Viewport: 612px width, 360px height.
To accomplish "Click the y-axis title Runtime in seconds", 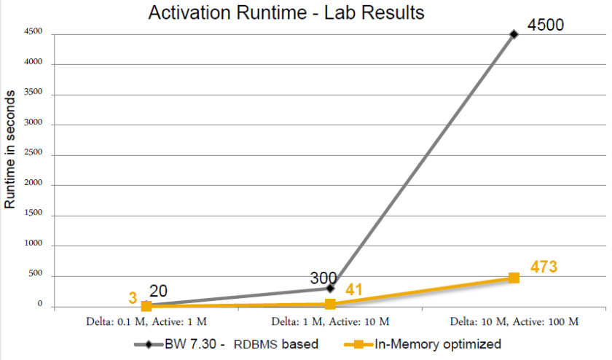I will tap(10, 150).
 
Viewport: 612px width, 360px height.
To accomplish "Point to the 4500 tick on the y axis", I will tap(34, 33).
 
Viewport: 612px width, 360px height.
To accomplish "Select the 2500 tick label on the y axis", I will tap(34, 155).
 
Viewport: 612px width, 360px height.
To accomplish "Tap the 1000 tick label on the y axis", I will tap(34, 246).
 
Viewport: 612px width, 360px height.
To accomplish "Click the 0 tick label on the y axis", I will tap(42, 307).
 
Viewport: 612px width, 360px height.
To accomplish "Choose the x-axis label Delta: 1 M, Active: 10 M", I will tap(330, 321).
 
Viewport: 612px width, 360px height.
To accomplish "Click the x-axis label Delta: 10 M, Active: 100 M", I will tap(514, 321).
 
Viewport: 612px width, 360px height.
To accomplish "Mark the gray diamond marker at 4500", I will tap(514, 34).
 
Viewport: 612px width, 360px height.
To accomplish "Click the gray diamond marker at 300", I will tap(330, 289).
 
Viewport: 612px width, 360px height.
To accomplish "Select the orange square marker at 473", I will tap(514, 278).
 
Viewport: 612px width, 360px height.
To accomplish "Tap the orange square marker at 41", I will tap(330, 304).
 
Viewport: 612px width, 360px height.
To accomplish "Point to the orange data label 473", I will tap(544, 267).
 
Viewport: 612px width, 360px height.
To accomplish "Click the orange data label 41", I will tap(354, 290).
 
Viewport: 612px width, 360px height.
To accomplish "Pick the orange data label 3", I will tap(133, 297).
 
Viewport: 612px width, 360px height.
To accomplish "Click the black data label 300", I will tap(323, 278).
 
